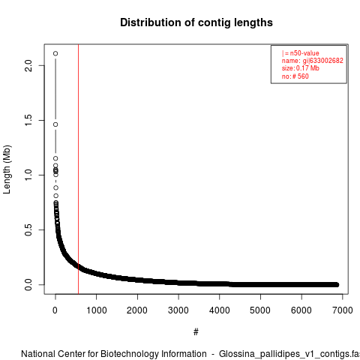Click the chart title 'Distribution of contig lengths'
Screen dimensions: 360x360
pos(196,22)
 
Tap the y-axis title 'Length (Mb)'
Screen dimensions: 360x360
pos(7,169)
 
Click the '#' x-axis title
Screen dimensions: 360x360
pos(196,332)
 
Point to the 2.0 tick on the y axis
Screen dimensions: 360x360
pos(28,65)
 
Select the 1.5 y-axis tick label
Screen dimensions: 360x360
pos(28,120)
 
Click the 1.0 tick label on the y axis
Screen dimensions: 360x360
pos(28,175)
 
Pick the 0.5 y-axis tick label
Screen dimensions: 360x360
pos(28,229)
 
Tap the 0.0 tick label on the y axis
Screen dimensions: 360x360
pos(28,284)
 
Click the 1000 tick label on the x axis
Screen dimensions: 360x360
pos(97,310)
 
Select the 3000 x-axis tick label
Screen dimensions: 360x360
pos(178,310)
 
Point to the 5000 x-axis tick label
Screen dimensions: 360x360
pos(260,310)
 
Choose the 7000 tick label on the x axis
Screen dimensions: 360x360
pos(343,310)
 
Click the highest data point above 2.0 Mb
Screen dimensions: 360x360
pos(55,53)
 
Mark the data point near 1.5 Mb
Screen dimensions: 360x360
pos(55,124)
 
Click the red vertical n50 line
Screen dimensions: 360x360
pos(79,169)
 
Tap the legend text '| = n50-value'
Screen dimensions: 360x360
pos(301,53)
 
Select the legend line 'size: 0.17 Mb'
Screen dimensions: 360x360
pos(301,68)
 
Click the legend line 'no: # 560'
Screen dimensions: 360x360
pos(295,76)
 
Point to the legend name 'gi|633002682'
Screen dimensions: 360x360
pos(323,61)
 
